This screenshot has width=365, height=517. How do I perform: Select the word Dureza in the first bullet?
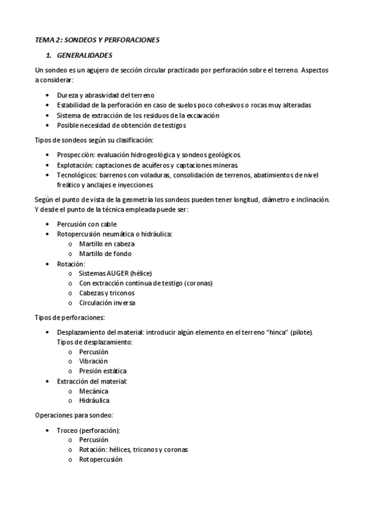coord(67,95)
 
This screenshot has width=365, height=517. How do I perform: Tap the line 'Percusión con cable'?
coord(87,224)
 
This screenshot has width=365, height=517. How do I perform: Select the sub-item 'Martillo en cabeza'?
coord(107,244)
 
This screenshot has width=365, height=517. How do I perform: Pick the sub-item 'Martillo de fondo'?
coord(105,254)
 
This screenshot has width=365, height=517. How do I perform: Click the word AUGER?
coord(124,273)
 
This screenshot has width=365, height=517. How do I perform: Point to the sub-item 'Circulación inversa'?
coord(107,302)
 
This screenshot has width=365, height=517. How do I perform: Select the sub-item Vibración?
coord(93,362)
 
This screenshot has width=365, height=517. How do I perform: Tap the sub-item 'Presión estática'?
coord(103,371)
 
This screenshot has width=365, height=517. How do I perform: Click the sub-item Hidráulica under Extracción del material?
coord(94,401)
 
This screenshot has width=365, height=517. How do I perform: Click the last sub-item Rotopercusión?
coord(101,460)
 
